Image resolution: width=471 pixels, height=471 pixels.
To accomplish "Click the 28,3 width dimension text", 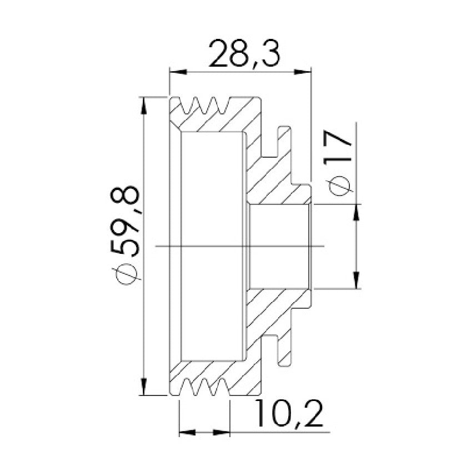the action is (x=244, y=54).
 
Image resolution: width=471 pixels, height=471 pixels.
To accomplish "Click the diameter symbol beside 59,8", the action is (x=126, y=273).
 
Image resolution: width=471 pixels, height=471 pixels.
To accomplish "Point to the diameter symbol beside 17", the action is (x=339, y=186).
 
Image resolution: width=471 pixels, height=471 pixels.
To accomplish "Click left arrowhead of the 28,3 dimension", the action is (x=178, y=72).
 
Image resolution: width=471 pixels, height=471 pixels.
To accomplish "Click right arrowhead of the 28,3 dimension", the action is (x=302, y=72).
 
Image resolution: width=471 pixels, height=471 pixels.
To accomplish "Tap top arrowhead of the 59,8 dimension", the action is (x=144, y=106).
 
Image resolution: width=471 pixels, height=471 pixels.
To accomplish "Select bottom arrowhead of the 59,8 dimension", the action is (x=144, y=386).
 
